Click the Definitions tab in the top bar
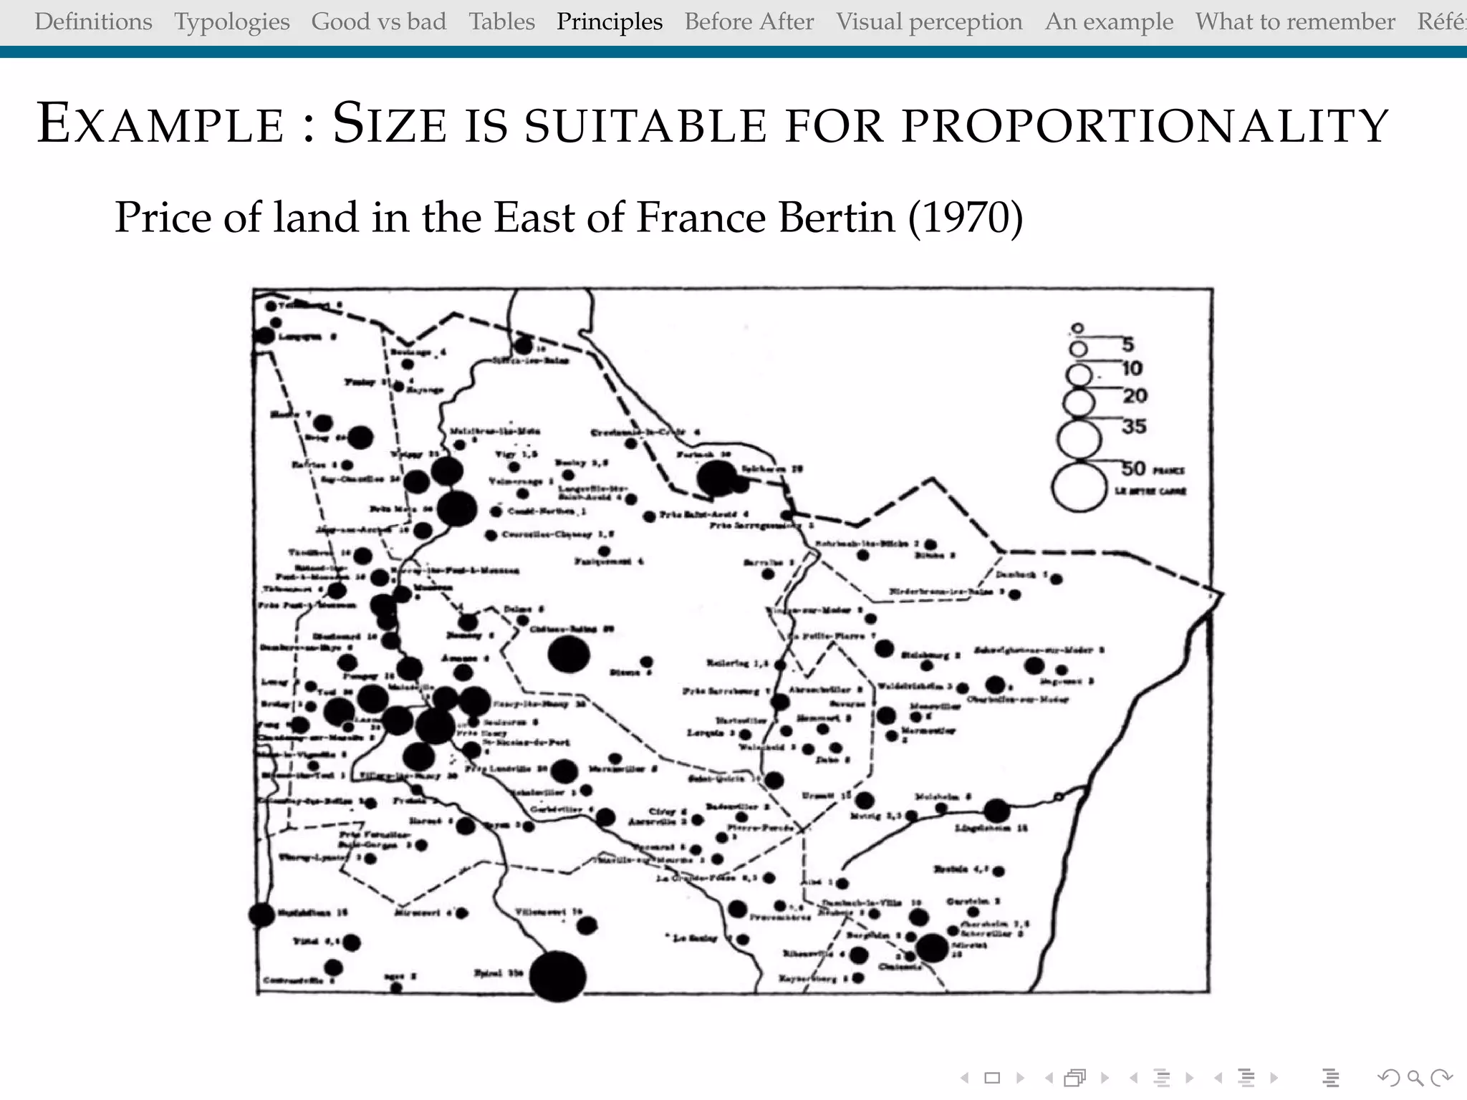93,21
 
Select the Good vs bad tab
378,21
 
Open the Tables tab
501,21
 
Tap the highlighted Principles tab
610,21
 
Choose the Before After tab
749,21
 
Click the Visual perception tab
929,21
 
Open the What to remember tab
1295,21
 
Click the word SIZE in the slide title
390,124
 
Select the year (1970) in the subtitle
966,217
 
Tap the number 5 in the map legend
1128,344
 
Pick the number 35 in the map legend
1134,427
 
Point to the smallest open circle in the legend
1077,329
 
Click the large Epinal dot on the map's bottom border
557,976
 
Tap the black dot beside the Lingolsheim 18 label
996,811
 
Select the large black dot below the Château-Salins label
569,655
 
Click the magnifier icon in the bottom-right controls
1415,1077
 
